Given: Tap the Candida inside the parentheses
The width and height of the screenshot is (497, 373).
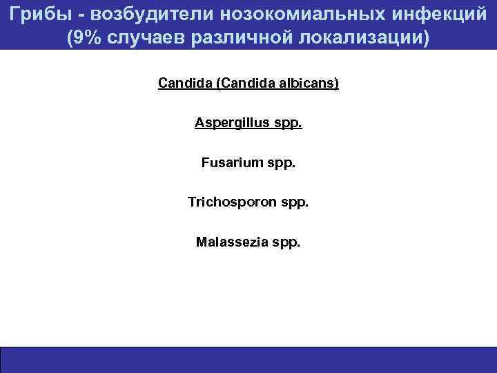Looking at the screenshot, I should (x=246, y=84).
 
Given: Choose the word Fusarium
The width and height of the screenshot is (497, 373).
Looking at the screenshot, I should (x=232, y=163).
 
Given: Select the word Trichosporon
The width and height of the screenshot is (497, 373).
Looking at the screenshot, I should (x=231, y=202).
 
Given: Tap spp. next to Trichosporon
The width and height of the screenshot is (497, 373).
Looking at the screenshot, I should (x=295, y=204).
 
